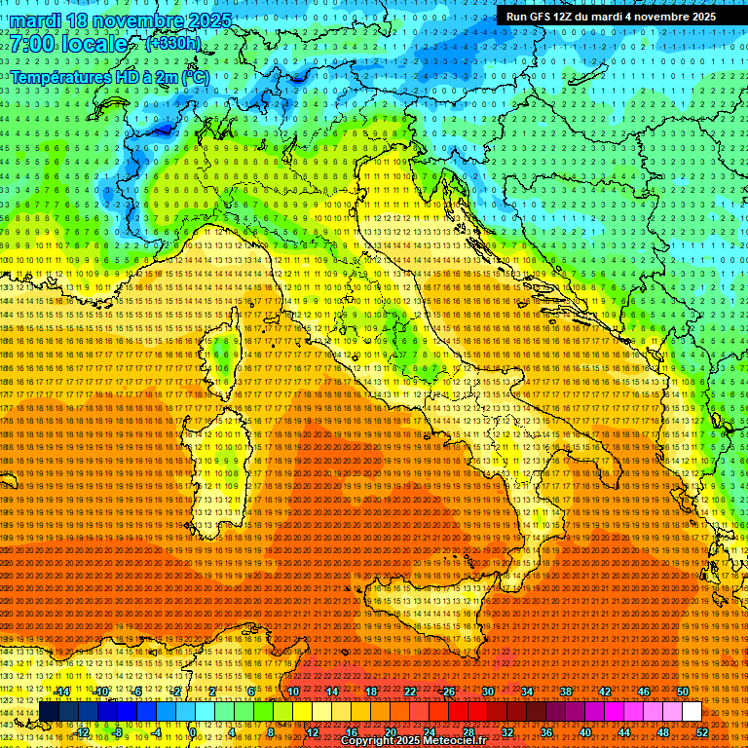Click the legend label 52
(701, 732)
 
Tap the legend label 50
(682, 692)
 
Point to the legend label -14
(62, 692)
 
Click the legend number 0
(194, 732)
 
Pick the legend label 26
(449, 692)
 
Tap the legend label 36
(546, 732)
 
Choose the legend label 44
(623, 732)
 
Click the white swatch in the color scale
(692, 712)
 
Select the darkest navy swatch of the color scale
(49, 712)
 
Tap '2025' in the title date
(209, 20)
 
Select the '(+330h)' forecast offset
(172, 44)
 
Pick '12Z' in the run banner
(571, 17)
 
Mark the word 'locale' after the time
(97, 45)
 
